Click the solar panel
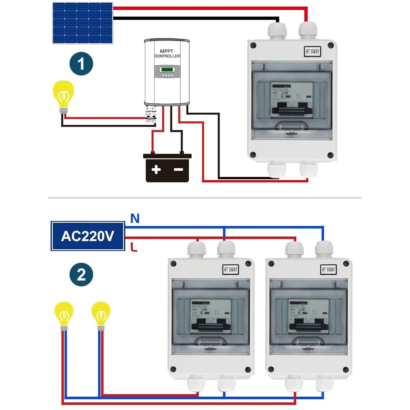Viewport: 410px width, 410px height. (83, 23)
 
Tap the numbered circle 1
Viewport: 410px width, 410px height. (81, 64)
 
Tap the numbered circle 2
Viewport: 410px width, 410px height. (81, 274)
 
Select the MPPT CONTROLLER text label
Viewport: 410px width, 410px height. (167, 54)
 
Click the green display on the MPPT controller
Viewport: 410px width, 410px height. (167, 69)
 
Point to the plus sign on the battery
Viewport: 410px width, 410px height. (156, 169)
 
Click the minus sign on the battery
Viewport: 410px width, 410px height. (178, 170)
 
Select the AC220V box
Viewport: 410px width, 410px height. (88, 236)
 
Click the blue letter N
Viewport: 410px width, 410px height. (135, 218)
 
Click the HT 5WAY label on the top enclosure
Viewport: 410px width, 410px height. (312, 51)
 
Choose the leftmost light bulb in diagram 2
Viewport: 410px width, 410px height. (64, 314)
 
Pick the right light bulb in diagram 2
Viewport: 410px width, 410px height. (101, 314)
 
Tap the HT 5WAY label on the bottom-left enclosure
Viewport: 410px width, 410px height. (230, 270)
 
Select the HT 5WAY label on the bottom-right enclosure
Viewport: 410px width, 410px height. (328, 270)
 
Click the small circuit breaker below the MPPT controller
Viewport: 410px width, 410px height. (151, 115)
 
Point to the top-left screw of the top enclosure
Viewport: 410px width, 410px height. (253, 45)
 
